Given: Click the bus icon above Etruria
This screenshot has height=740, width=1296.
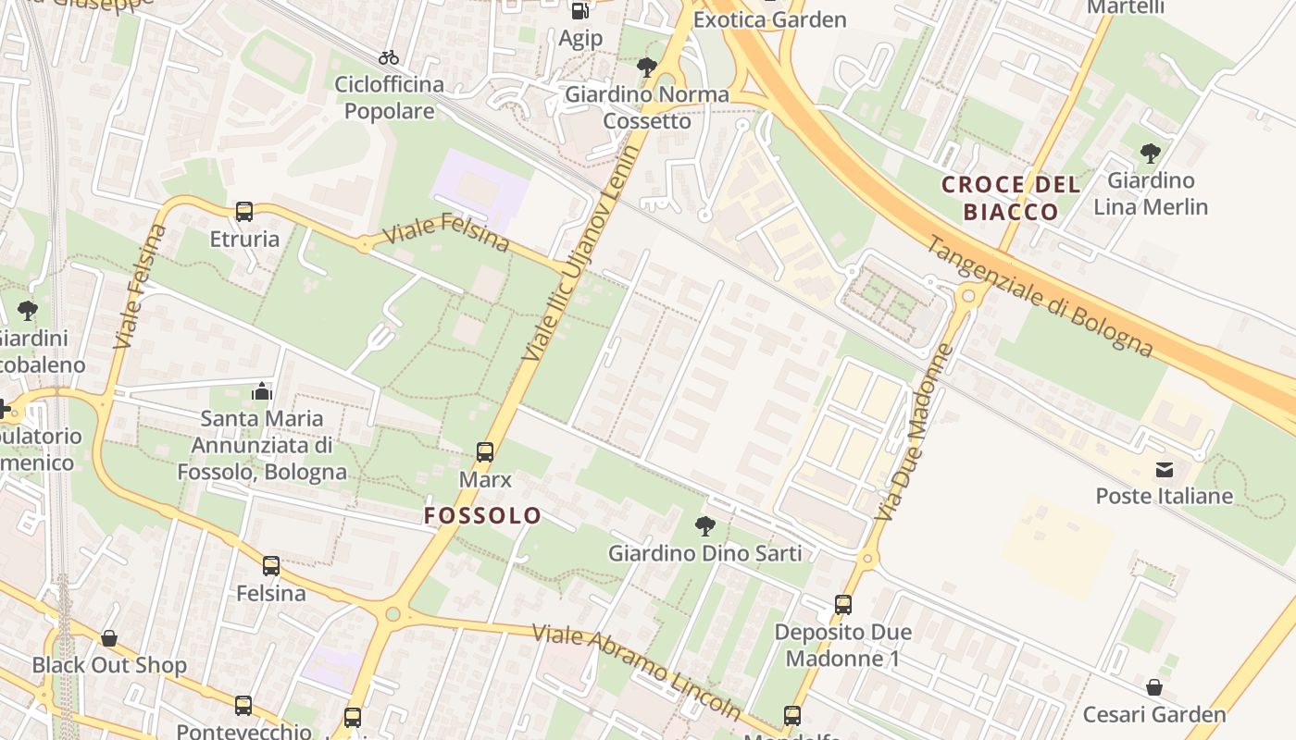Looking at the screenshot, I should (x=244, y=212).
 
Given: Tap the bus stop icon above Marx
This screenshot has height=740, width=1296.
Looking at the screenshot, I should (x=485, y=452).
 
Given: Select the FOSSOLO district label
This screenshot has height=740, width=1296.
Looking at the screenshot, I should (x=482, y=515).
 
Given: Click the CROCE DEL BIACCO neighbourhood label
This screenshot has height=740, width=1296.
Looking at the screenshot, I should (x=1011, y=198).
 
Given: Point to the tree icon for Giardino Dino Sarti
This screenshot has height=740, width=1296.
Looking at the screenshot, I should (x=705, y=526).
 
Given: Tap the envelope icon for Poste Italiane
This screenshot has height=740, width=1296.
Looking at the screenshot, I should (x=1164, y=470).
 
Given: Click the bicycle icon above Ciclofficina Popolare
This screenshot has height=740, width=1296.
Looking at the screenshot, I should (x=389, y=57).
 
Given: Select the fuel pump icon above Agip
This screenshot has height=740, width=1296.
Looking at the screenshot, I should (x=580, y=11).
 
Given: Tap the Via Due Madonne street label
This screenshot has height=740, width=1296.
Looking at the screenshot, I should (x=913, y=432).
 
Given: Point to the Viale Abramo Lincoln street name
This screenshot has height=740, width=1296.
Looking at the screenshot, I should (x=636, y=671).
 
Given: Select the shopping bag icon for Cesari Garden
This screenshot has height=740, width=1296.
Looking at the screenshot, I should (x=1154, y=687).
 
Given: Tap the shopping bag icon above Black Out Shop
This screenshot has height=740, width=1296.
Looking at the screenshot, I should (x=109, y=638).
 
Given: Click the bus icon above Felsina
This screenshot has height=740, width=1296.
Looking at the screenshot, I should (x=271, y=566).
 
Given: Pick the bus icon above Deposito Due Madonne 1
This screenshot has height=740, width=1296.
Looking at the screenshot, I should (x=843, y=605).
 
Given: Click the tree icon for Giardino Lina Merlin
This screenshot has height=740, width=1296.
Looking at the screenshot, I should (x=1151, y=153).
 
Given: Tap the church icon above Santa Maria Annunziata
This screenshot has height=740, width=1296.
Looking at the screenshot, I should (x=262, y=391).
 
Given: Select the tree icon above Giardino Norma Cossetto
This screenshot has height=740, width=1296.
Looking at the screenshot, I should (x=647, y=67).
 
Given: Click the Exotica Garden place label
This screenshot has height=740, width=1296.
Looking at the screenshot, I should (x=769, y=19).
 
